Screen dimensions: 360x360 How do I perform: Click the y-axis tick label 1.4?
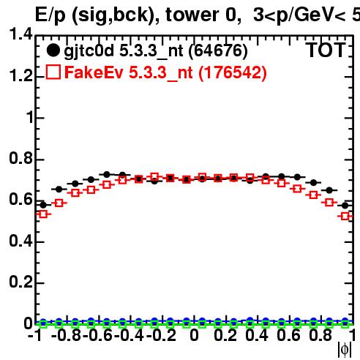click(x=20, y=34)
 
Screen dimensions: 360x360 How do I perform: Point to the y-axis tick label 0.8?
click(x=20, y=158)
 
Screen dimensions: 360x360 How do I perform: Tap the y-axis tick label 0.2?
click(x=20, y=282)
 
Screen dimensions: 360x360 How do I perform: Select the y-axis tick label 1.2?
click(x=20, y=75)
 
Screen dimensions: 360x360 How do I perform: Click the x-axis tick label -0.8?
click(x=66, y=335)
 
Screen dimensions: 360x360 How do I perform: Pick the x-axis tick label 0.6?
click(x=288, y=335)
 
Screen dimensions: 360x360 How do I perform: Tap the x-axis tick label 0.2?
click(x=225, y=335)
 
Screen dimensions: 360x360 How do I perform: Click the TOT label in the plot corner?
click(x=326, y=50)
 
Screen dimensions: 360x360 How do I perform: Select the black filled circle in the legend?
click(x=53, y=50)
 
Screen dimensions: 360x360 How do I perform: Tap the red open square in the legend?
click(x=53, y=72)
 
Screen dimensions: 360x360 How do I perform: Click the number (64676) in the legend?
click(x=218, y=50)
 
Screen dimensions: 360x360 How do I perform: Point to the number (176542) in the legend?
click(x=233, y=72)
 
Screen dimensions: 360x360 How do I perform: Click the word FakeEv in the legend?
click(x=94, y=72)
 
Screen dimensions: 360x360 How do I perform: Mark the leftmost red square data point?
click(x=43, y=214)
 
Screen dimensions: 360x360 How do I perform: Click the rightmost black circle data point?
click(x=345, y=206)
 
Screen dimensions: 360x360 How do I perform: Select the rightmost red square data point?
click(x=345, y=216)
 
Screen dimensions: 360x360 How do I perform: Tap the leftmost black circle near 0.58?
click(x=43, y=205)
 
